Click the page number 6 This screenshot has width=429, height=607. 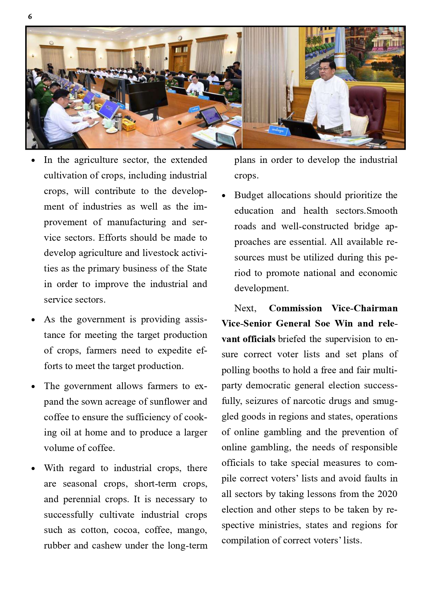(30, 17)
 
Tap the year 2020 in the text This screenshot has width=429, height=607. (387, 494)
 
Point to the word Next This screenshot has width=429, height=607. (245, 308)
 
